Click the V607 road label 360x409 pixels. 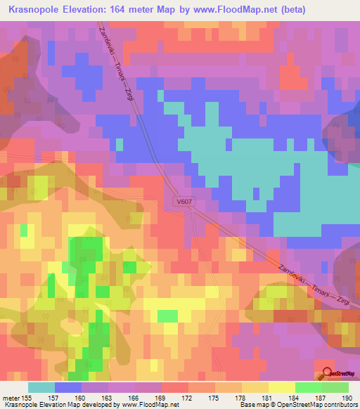pos(184,201)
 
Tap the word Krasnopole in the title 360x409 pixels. pos(34,8)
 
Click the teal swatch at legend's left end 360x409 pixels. pos(41,387)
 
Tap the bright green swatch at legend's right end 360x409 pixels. pos(335,387)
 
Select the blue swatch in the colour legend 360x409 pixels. pos(67,387)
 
